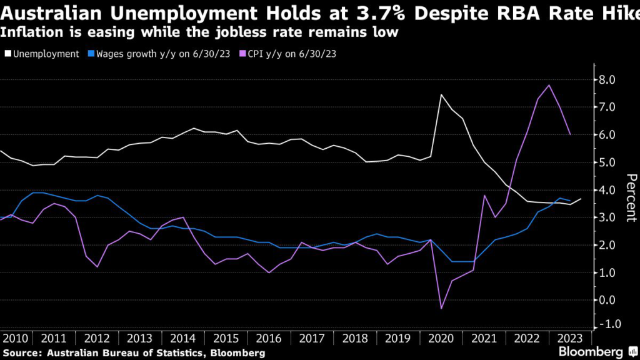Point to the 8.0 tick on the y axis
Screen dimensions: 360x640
(607, 80)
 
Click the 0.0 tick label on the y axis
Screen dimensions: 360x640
(607, 300)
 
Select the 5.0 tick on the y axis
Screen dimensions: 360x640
(607, 162)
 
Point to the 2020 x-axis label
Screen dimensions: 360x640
(442, 338)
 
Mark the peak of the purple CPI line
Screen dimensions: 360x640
(549, 85)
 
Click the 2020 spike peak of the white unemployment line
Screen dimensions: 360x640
(441, 95)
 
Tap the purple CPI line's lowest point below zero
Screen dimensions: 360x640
(441, 308)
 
